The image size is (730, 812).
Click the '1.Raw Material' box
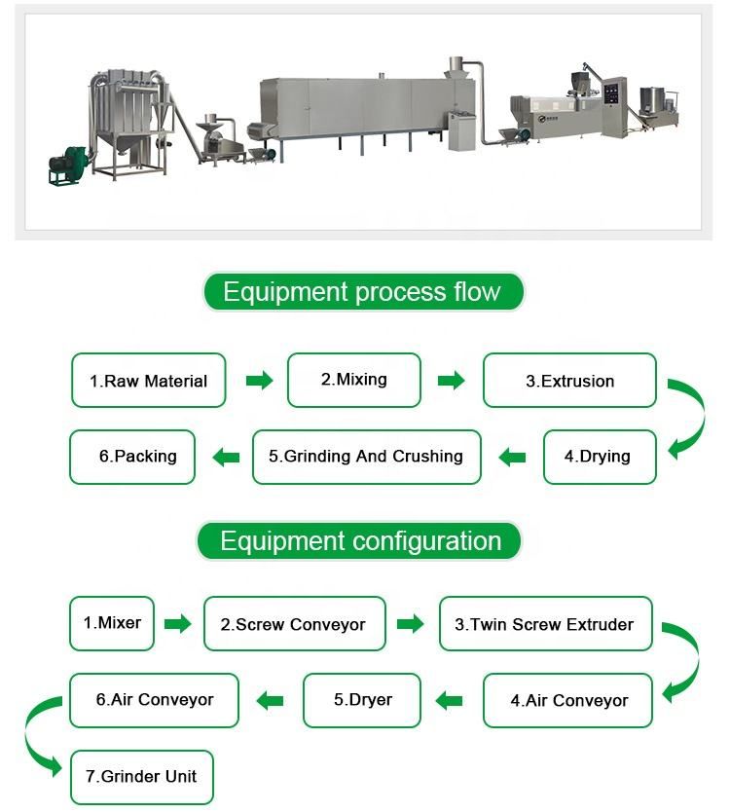click(x=149, y=380)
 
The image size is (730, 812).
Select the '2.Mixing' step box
click(x=354, y=380)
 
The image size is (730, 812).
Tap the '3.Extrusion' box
click(x=569, y=380)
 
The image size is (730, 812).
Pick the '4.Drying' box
click(x=600, y=457)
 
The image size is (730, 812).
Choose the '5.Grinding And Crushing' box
click(x=367, y=457)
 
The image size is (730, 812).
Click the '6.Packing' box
click(x=132, y=457)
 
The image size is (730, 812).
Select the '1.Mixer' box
click(x=112, y=623)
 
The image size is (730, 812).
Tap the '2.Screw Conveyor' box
click(x=295, y=623)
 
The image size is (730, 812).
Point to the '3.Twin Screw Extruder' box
click(x=546, y=623)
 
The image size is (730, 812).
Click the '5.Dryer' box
click(x=362, y=700)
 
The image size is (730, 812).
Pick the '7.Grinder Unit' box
click(x=142, y=777)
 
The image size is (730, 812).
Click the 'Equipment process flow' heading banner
click(x=363, y=291)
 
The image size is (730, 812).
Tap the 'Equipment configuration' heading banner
click(x=359, y=541)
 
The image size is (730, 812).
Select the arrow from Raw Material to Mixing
click(x=259, y=381)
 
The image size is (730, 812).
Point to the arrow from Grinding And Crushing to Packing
click(x=226, y=458)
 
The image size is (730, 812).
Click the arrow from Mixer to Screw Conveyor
click(x=177, y=623)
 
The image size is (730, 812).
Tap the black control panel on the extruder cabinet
click(x=611, y=93)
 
